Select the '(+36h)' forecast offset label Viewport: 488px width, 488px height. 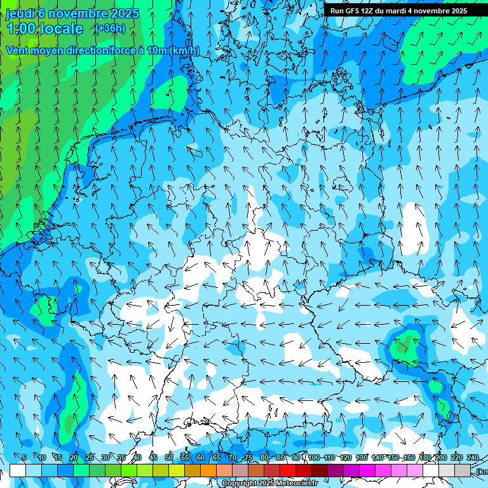coord(110,28)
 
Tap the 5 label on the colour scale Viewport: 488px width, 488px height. coord(24,457)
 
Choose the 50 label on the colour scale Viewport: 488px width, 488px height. coord(168,457)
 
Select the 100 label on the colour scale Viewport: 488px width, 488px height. coord(313,457)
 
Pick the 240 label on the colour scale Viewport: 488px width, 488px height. coord(473,457)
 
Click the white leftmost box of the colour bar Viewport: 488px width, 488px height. coord(18,470)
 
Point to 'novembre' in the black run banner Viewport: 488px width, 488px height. coord(431,11)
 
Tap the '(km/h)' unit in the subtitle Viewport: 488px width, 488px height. coord(185,51)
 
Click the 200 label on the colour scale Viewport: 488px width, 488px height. coord(440,457)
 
